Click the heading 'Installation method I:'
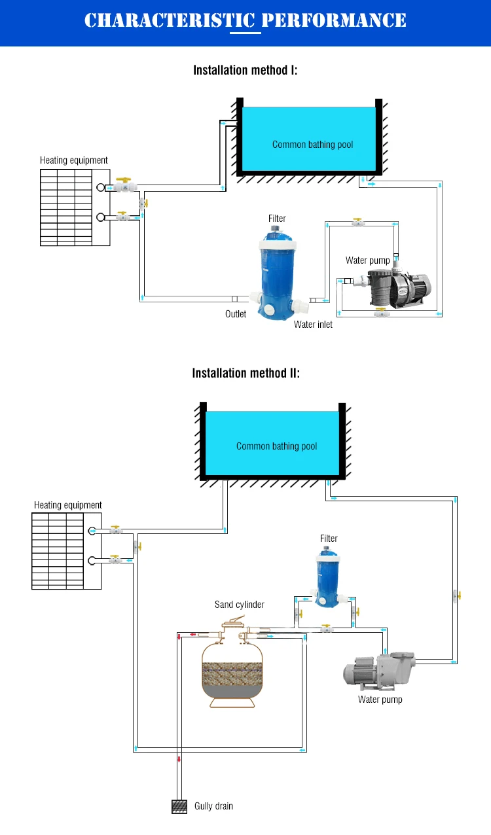tap(245, 70)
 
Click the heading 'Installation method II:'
tap(245, 374)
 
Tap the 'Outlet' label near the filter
tap(236, 314)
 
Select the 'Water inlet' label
tap(313, 325)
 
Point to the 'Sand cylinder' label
tap(240, 605)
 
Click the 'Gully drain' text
tap(213, 806)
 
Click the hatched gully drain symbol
tap(179, 806)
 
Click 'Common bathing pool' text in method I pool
tap(312, 145)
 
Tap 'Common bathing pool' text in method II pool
tap(276, 446)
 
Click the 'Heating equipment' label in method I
tap(74, 160)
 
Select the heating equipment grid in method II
tap(58, 551)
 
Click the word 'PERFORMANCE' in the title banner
tap(334, 21)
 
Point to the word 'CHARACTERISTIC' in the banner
tap(170, 21)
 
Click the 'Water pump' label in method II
tap(380, 700)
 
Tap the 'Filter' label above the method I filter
tap(277, 219)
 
